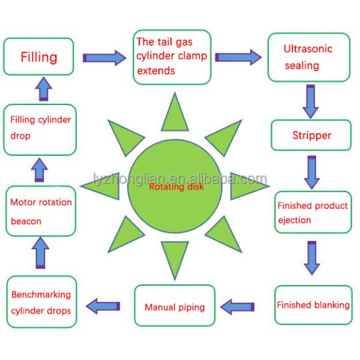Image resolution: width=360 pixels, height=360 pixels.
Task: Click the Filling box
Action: tap(40, 58)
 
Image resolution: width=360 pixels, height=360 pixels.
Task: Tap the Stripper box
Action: tap(311, 135)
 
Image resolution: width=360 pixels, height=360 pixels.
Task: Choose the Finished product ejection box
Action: tap(312, 213)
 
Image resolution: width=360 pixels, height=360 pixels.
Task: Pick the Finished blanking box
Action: tap(313, 305)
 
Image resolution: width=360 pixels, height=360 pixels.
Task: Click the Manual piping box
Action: tap(174, 308)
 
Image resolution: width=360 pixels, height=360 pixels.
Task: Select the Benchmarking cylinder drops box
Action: tap(41, 302)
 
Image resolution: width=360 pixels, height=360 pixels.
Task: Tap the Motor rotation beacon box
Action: tap(41, 211)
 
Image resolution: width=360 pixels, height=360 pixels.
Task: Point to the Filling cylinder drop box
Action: tap(41, 128)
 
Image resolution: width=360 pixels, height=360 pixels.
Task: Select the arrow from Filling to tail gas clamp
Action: tap(104, 58)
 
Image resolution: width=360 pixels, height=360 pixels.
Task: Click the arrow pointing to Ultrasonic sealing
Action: tap(238, 57)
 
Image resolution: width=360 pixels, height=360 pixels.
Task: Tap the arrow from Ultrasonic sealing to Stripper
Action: tap(310, 101)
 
